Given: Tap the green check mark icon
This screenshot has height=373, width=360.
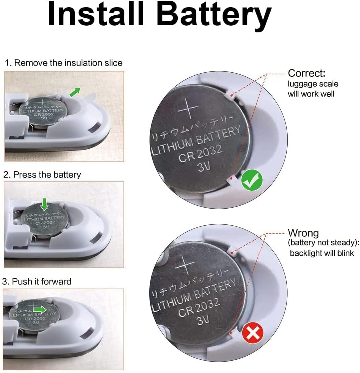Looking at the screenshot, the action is (252, 180).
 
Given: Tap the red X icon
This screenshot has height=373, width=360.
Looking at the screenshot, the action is (253, 332).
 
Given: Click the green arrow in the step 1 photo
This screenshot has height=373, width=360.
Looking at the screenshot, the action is (75, 92).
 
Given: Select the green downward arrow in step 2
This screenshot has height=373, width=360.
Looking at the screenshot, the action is (44, 204).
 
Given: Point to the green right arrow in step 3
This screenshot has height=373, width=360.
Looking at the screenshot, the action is (40, 310).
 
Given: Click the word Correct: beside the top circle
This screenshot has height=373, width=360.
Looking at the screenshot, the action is (306, 73).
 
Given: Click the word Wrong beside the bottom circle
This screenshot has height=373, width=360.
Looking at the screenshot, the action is (303, 233).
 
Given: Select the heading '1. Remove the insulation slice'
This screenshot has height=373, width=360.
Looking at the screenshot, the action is (63, 63).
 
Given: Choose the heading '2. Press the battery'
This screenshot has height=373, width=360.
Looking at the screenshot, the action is (42, 175).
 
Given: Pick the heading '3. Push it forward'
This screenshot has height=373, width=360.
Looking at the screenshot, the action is (37, 281).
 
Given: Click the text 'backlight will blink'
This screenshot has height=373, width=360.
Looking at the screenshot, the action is (322, 253).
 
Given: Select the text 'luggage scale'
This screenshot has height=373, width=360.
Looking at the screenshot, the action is (313, 84).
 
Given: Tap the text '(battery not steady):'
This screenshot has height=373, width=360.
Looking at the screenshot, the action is (323, 242).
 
